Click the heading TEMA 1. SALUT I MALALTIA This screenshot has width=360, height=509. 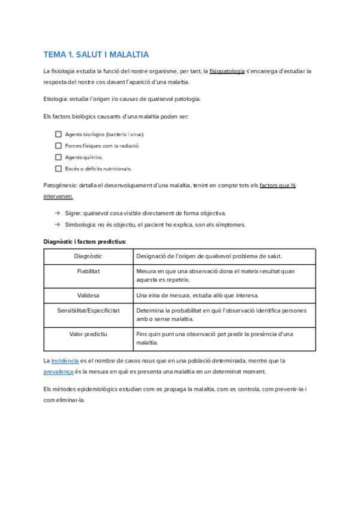tap(96, 55)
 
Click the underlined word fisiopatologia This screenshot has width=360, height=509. tap(227, 71)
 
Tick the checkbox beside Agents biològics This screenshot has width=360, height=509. tap(58, 134)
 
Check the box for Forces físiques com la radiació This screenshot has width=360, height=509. tap(58, 146)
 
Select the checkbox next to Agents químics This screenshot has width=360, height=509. tap(58, 157)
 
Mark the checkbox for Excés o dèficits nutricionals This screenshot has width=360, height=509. tap(58, 169)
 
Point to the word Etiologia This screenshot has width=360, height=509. tap(56, 99)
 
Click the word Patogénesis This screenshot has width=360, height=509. tap(59, 185)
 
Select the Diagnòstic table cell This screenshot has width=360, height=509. tap(88, 256)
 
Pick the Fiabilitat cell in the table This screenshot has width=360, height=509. tap(88, 271)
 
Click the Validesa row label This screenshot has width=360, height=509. tap(88, 295)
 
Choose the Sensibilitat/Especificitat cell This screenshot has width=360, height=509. tap(88, 311)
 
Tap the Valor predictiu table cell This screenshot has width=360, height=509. tap(88, 334)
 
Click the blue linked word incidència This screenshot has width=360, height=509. tap(65, 361)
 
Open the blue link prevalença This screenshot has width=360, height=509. tap(58, 372)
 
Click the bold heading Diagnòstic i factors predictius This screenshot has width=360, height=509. tap(85, 241)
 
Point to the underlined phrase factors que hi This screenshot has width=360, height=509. tap(277, 185)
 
